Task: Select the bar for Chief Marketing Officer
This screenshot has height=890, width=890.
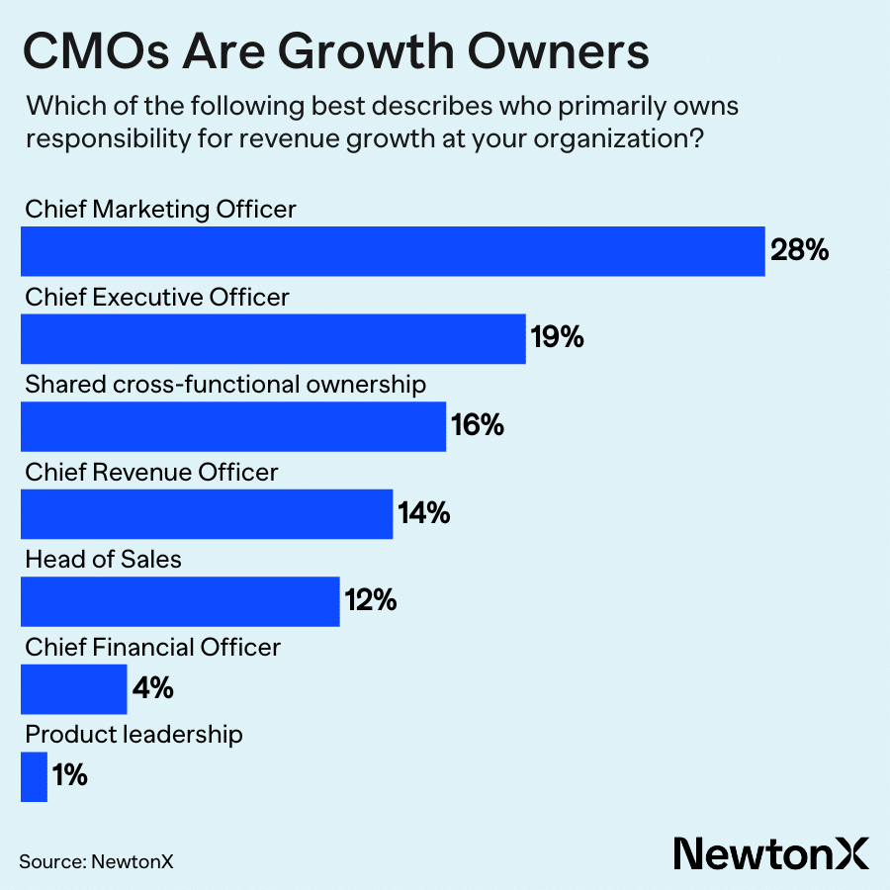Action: coord(393,251)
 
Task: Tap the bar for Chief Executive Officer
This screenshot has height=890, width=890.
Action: coord(273,338)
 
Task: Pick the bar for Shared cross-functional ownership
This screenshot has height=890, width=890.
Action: coord(233,426)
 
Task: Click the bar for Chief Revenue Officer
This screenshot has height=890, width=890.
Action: coord(207,513)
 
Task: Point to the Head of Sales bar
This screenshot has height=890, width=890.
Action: coord(180,600)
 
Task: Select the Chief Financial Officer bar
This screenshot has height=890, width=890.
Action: coord(74,688)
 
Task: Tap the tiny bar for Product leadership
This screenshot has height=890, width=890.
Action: coord(34,776)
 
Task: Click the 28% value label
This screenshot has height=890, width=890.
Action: coord(799,251)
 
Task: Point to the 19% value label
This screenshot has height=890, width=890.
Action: coord(558,338)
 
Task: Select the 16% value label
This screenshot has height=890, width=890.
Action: coord(478,426)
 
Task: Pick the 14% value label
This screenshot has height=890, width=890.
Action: coord(424,513)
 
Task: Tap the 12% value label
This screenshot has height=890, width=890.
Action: coord(371,600)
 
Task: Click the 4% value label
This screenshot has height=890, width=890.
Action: coord(153,688)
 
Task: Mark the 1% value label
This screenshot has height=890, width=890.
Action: coord(70,776)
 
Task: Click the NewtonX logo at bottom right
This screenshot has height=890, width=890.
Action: coord(770,851)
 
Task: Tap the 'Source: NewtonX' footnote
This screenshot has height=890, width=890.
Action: coord(96,861)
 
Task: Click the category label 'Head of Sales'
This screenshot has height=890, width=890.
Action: coord(104,560)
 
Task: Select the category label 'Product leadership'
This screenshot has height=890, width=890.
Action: coord(133,735)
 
